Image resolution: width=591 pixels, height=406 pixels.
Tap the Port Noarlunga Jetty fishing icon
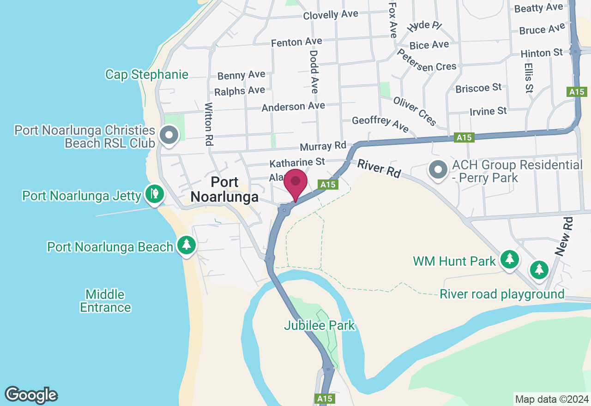click(x=154, y=194)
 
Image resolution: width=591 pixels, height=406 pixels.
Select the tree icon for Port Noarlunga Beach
click(x=187, y=244)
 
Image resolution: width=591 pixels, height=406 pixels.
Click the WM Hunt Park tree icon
click(x=509, y=259)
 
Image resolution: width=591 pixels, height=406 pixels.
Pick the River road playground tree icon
click(x=539, y=269)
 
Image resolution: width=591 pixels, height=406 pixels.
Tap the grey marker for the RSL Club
click(x=169, y=136)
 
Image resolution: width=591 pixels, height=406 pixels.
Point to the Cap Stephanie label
click(x=147, y=75)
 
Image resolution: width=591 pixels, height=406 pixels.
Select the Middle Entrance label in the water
click(x=105, y=301)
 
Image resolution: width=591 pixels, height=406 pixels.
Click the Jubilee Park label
click(x=320, y=325)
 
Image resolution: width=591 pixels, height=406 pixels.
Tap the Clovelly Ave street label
click(x=331, y=15)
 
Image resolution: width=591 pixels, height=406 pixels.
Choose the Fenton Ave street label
click(x=296, y=42)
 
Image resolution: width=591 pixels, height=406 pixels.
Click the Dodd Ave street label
click(x=314, y=72)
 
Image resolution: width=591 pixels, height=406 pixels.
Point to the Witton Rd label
click(x=208, y=124)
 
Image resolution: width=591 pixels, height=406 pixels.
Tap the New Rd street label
click(x=564, y=237)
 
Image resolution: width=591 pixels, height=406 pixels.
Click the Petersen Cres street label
click(x=426, y=61)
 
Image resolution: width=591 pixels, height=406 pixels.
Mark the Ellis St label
click(x=529, y=78)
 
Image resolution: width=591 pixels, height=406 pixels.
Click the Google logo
click(x=31, y=395)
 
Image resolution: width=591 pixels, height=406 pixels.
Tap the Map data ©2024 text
click(x=552, y=399)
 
